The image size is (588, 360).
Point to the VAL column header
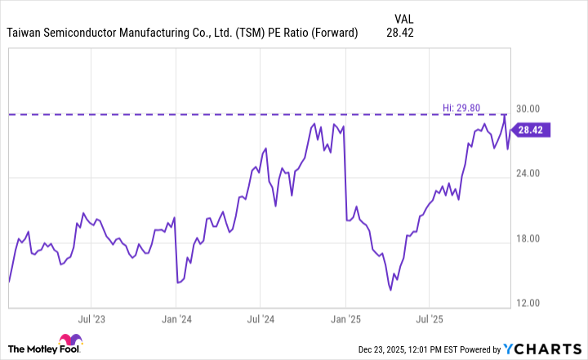(403, 17)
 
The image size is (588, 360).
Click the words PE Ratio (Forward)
(317, 33)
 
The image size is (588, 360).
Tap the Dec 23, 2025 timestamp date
(384, 350)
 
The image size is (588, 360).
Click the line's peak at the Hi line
(504, 115)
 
